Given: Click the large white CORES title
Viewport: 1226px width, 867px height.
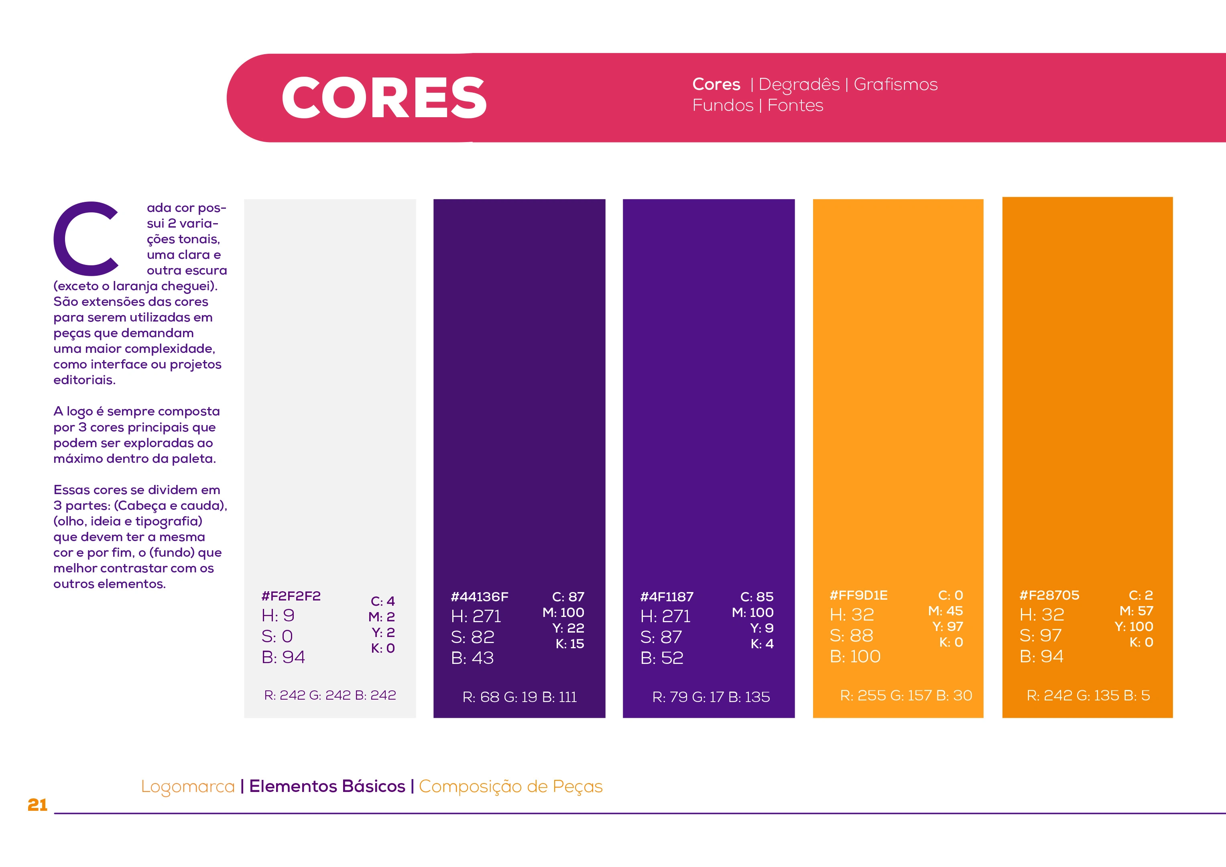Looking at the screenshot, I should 383,98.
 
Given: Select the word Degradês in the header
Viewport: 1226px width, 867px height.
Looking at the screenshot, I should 799,84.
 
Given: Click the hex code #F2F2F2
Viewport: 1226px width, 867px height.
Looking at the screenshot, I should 291,596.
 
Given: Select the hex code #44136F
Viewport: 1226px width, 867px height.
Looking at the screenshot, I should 480,597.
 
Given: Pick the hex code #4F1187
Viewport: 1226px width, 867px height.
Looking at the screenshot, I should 667,597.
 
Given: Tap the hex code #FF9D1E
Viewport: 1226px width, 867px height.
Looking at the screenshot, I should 859,595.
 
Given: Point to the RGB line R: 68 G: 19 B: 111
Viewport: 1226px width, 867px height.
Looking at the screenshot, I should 520,697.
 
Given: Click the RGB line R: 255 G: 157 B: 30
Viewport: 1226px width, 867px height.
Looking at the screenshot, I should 906,696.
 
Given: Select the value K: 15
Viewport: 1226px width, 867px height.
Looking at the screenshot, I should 570,644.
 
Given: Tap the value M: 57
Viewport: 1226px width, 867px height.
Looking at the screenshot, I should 1136,611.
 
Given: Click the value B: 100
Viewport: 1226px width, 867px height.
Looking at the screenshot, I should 855,657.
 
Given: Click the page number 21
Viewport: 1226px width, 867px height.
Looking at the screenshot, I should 37,805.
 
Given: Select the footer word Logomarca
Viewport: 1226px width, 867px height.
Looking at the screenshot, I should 188,786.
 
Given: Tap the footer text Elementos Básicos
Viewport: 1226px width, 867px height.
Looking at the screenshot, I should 327,786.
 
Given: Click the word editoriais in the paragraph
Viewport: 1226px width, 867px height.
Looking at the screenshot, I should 84,380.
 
